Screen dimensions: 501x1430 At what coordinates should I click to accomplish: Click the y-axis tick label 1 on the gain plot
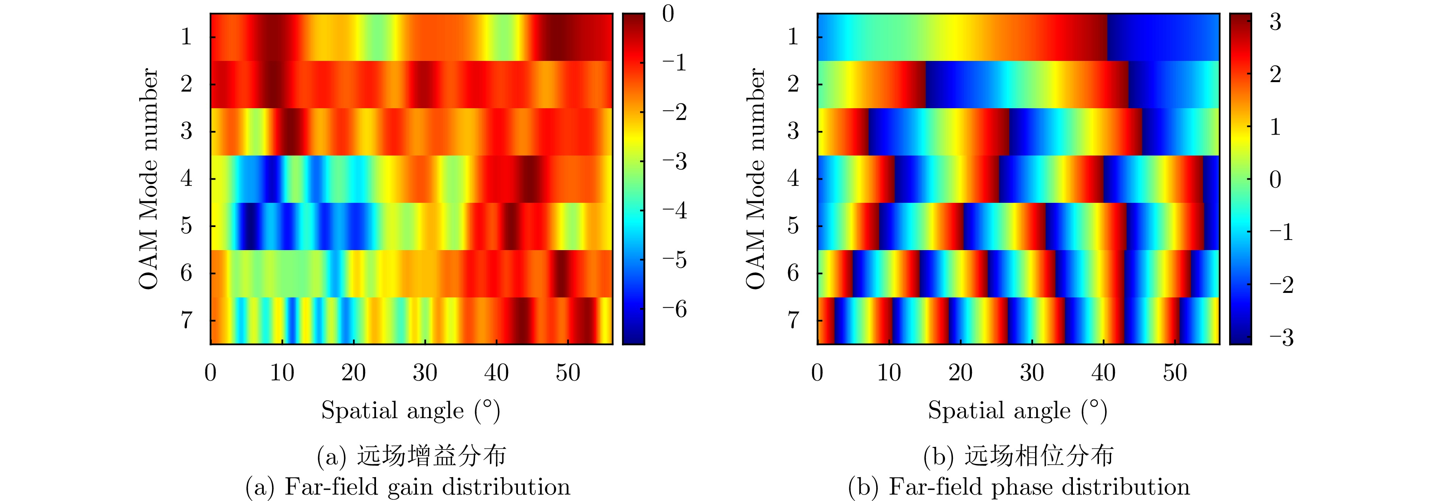(x=186, y=37)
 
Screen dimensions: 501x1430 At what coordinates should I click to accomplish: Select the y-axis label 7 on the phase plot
(x=793, y=321)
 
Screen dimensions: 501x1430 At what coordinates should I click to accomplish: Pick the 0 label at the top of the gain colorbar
(x=668, y=14)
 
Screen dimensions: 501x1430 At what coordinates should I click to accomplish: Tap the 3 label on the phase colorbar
(x=1276, y=22)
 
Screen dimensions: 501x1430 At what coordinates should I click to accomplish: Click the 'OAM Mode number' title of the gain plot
(x=149, y=179)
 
